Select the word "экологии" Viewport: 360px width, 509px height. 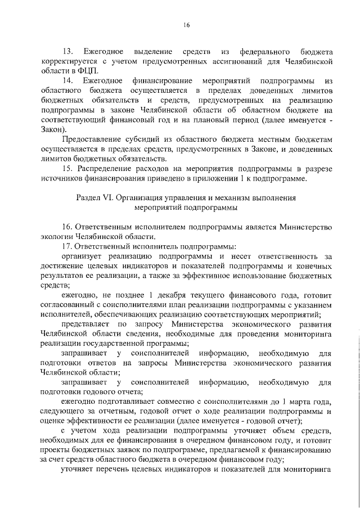pos(58,237)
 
